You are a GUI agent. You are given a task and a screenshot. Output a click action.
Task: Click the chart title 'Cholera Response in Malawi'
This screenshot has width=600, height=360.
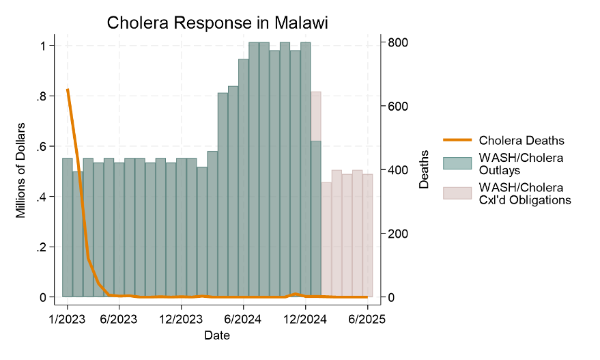[x=218, y=23]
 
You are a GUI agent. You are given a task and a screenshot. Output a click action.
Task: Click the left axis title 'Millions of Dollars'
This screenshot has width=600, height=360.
[x=20, y=171]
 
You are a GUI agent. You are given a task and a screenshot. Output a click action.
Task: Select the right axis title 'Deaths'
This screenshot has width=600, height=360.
[x=424, y=169]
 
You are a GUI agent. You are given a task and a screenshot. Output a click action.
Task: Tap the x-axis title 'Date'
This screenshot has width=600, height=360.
[x=217, y=335]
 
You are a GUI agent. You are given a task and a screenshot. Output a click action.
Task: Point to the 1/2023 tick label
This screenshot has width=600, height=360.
[x=67, y=318]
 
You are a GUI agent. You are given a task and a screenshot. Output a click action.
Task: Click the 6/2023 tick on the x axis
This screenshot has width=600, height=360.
[x=119, y=318]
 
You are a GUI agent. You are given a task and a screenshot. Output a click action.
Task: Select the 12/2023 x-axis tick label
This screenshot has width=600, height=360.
[x=181, y=318]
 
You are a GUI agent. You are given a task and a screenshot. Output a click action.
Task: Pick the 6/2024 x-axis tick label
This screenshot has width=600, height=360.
[x=243, y=318]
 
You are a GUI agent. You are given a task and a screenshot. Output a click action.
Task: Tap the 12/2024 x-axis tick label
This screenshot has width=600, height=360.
[x=305, y=318]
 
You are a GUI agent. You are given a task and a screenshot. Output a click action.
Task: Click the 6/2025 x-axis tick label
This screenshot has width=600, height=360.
[x=367, y=318]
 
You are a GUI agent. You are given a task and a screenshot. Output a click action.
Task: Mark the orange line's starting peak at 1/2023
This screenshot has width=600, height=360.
[x=67, y=89]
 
